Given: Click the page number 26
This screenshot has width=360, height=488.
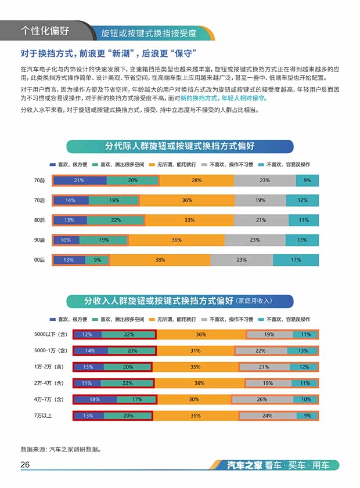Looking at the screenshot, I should (x=26, y=465).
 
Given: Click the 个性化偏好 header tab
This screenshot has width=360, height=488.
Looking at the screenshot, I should (x=45, y=30).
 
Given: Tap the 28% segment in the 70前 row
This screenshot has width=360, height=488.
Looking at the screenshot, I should (x=197, y=180).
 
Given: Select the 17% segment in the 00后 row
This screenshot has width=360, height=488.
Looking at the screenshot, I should (x=296, y=260).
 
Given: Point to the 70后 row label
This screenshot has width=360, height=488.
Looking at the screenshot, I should (x=39, y=200).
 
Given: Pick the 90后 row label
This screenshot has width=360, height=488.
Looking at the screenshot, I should (x=39, y=240).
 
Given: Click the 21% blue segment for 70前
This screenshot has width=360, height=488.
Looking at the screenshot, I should (x=80, y=180).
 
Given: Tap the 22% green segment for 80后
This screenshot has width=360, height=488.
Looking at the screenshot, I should (x=116, y=220).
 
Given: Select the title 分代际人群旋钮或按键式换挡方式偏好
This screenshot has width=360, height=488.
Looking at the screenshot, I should (x=180, y=146).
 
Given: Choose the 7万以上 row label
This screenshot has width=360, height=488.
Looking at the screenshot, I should (x=46, y=415).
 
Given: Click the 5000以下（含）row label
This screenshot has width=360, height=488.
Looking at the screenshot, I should (x=51, y=334).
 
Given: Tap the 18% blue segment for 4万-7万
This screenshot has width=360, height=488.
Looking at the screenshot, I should (x=95, y=399).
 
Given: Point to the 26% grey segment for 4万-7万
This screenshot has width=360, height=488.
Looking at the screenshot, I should (x=261, y=399).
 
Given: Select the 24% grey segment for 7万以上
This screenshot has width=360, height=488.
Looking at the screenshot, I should (x=268, y=415).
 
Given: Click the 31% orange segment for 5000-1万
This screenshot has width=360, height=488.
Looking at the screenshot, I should (x=195, y=350).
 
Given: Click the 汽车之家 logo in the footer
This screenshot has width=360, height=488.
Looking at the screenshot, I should (x=244, y=465).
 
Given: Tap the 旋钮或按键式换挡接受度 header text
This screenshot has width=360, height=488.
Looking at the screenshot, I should (x=149, y=32).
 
